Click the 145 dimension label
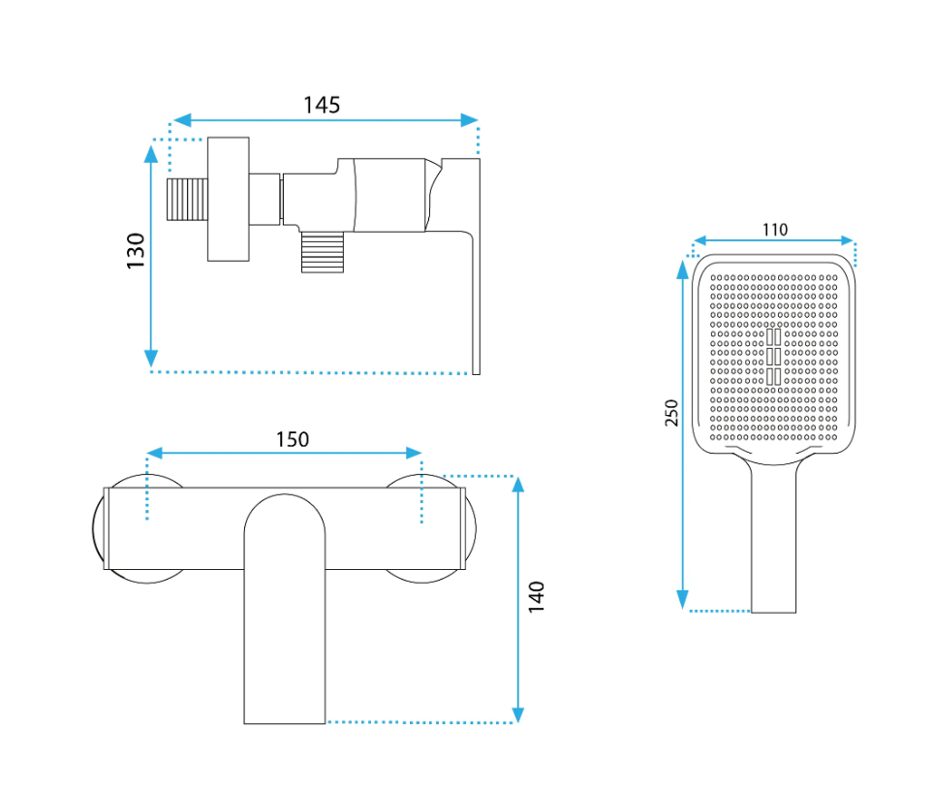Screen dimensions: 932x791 click(x=322, y=106)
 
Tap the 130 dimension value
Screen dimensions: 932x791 click(x=136, y=250)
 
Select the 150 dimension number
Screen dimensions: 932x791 click(x=293, y=439)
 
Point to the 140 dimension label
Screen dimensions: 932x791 click(x=536, y=597)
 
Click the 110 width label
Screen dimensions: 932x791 click(x=775, y=230)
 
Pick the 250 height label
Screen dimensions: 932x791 click(x=671, y=413)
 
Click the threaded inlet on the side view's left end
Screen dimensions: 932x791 click(x=187, y=200)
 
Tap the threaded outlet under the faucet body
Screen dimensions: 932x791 click(x=323, y=252)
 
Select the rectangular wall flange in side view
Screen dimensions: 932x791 click(x=229, y=200)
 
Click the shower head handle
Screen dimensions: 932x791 click(x=773, y=535)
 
